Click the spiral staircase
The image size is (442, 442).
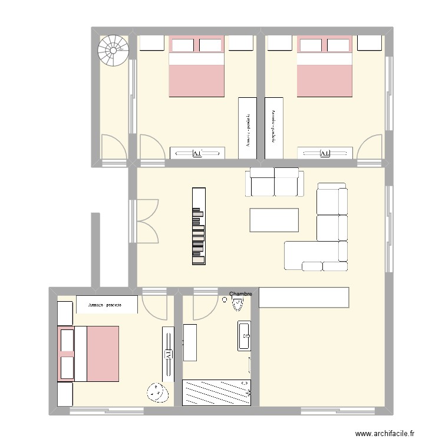pyautogui.click(x=112, y=51)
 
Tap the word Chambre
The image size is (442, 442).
pyautogui.click(x=240, y=293)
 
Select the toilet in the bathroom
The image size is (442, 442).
pyautogui.click(x=238, y=304)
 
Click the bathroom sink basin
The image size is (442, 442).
pyautogui.click(x=245, y=337)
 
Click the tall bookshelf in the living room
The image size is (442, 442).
pyautogui.click(x=199, y=226)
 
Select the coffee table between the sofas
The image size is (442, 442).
pyautogui.click(x=274, y=220)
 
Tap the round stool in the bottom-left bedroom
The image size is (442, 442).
pyautogui.click(x=156, y=391)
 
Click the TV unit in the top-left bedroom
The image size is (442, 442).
pyautogui.click(x=197, y=153)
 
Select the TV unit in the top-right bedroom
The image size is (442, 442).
pyautogui.click(x=325, y=153)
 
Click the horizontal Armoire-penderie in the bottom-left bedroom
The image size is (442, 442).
pyautogui.click(x=107, y=305)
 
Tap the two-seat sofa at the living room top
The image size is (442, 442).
pyautogui.click(x=275, y=182)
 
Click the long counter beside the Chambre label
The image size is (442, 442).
pyautogui.click(x=304, y=298)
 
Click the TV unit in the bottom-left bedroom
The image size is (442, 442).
pyautogui.click(x=168, y=355)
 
